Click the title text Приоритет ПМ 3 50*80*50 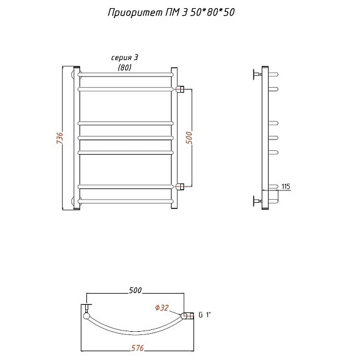[171, 13]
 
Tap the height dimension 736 [59, 138]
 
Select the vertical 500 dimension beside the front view [189, 138]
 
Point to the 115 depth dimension [286, 186]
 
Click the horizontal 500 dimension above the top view [135, 291]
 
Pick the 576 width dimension [137, 348]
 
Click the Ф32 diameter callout [162, 307]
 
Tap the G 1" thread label [204, 315]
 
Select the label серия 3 [125, 58]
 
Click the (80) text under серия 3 [125, 67]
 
